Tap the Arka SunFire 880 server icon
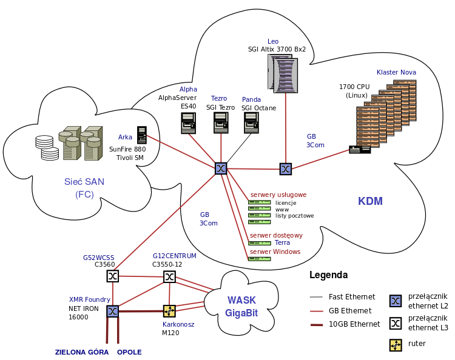click(x=142, y=135)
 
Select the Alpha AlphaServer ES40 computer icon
click(x=189, y=123)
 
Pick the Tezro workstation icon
click(x=221, y=123)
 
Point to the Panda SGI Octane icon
click(x=251, y=123)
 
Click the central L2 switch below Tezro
click(x=221, y=168)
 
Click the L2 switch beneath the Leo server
click(x=286, y=168)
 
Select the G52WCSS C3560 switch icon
click(x=113, y=276)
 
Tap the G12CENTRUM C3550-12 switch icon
click(x=169, y=276)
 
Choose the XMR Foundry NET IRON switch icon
click(x=113, y=311)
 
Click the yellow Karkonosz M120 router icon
click(x=169, y=311)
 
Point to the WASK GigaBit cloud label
click(x=241, y=307)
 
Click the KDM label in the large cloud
click(x=370, y=201)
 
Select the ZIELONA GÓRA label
click(x=82, y=352)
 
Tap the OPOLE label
click(x=129, y=352)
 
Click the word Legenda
click(x=328, y=275)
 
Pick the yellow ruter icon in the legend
click(x=396, y=344)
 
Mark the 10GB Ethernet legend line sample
click(x=315, y=324)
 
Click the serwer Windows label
click(x=275, y=252)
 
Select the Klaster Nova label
click(x=396, y=72)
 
